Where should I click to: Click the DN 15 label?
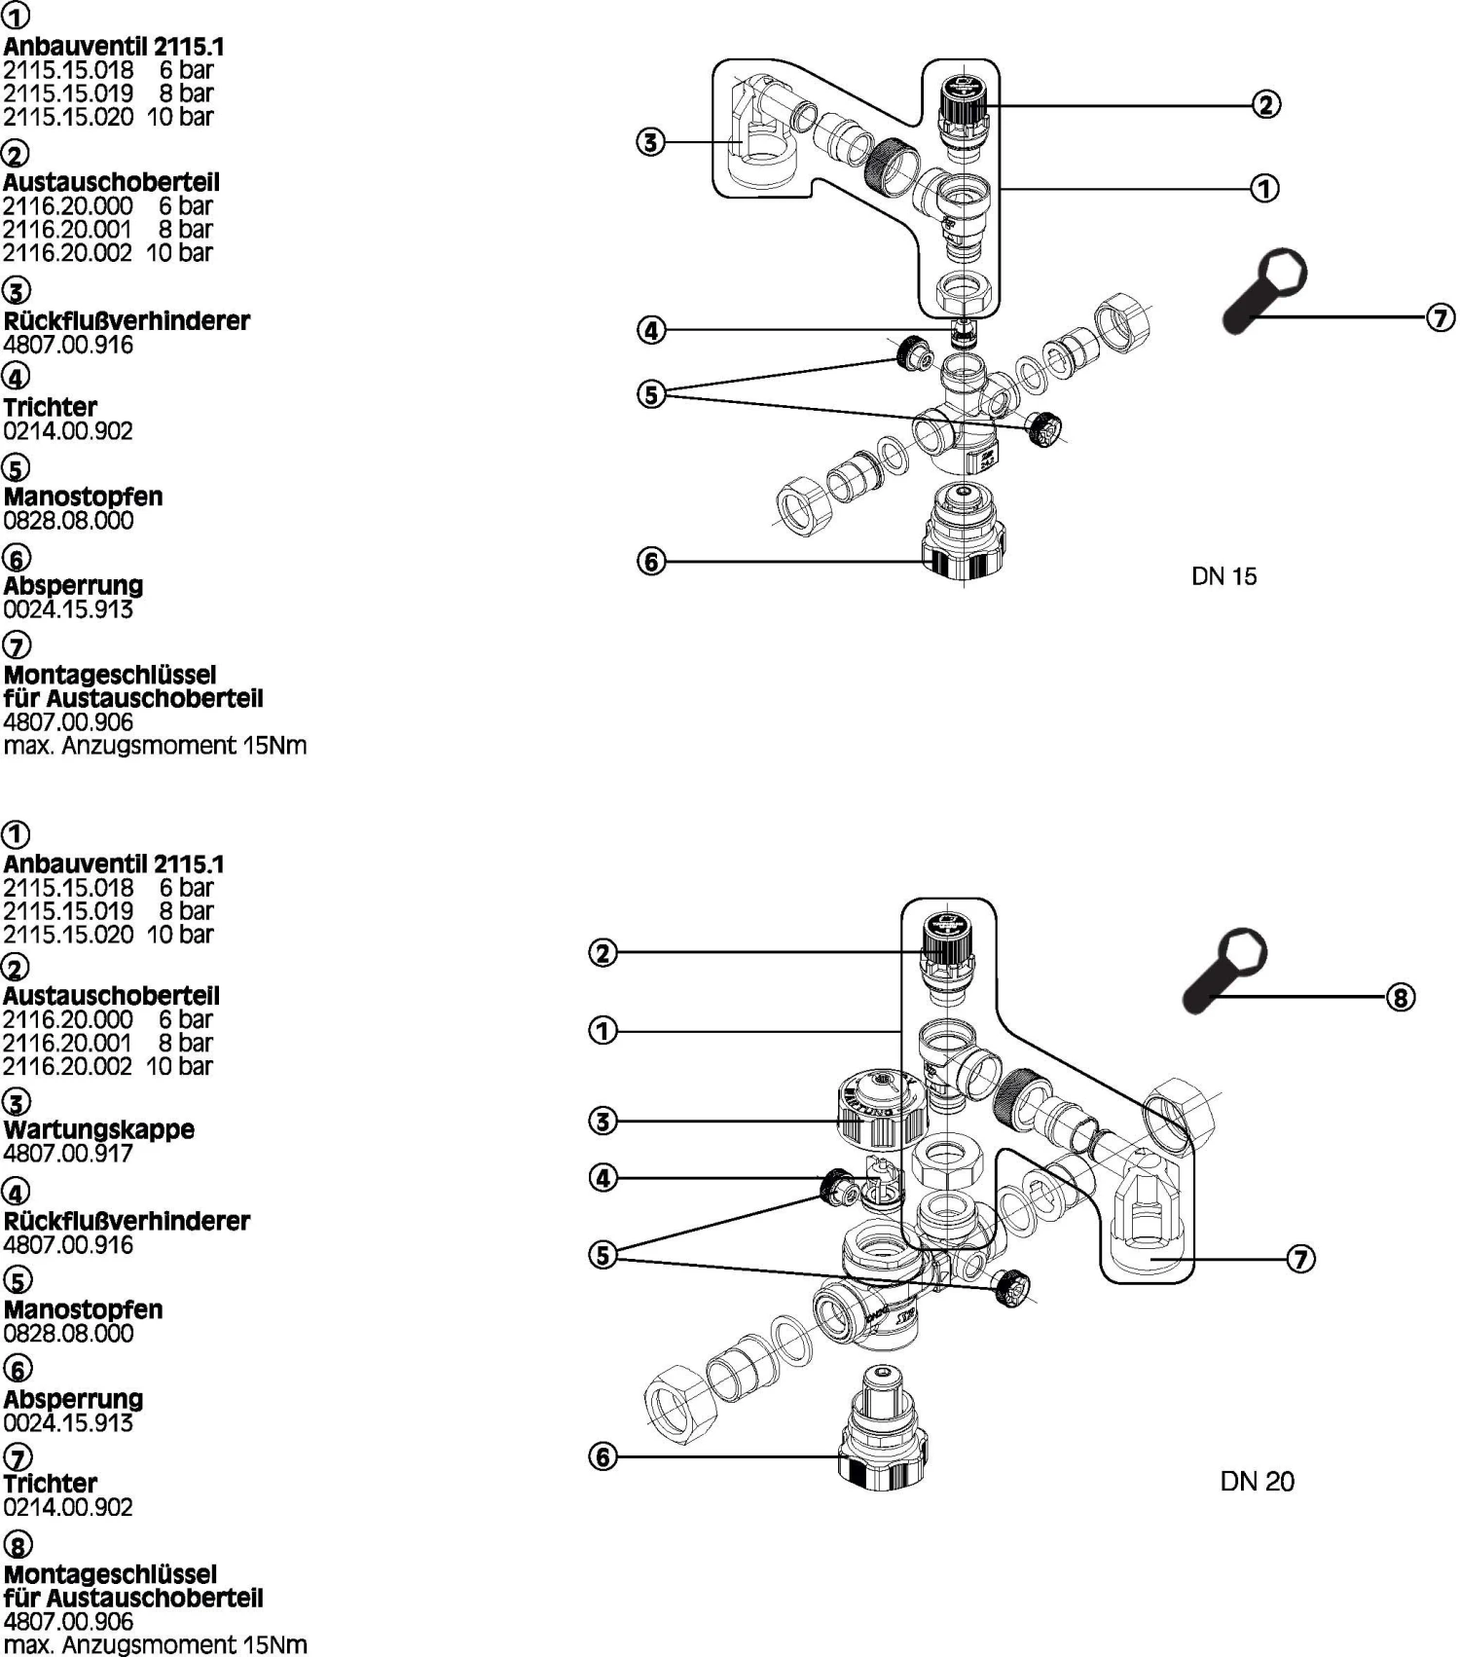1223,576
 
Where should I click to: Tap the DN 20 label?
1257,1482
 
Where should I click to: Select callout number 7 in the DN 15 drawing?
1441,317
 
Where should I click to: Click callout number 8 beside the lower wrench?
1400,997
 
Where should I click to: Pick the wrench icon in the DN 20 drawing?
1224,969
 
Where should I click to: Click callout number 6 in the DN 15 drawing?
651,561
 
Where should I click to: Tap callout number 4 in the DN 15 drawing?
651,330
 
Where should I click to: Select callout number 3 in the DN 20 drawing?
603,1121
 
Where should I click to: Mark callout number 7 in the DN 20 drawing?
1301,1259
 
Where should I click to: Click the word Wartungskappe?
99,1129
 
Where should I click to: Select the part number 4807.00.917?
68,1154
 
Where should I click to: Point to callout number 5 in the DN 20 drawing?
603,1255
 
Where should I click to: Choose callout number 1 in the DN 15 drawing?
1264,188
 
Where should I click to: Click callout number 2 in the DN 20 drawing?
603,952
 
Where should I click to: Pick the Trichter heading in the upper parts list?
51,407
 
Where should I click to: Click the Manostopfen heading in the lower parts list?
84,1309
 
